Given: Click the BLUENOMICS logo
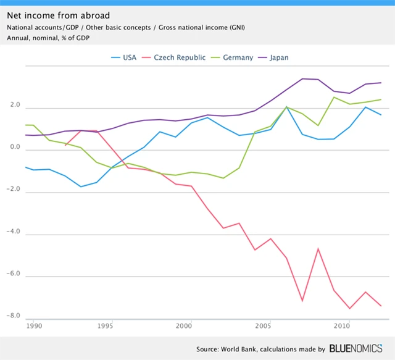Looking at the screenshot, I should (x=358, y=349).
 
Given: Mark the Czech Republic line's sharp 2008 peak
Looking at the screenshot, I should (x=318, y=248).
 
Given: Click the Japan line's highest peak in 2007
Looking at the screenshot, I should (x=302, y=78).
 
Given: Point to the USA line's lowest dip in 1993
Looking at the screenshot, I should (x=80, y=186).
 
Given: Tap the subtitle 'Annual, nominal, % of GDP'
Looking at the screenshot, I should (x=49, y=38).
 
